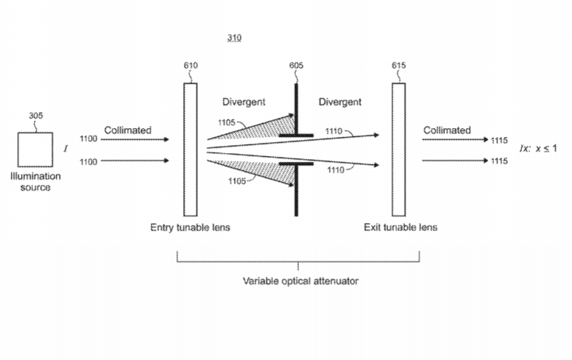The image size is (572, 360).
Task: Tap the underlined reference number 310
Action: pyautogui.click(x=234, y=38)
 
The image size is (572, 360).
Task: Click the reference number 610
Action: pyautogui.click(x=191, y=66)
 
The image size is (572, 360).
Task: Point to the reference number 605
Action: pyautogui.click(x=296, y=66)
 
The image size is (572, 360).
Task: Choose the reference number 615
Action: pyautogui.click(x=398, y=66)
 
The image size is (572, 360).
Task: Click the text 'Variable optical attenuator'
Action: pyautogui.click(x=300, y=280)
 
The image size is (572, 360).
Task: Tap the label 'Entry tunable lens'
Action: pyautogui.click(x=190, y=227)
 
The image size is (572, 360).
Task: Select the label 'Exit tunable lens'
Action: pyautogui.click(x=400, y=227)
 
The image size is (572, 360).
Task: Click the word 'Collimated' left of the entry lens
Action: pyautogui.click(x=127, y=130)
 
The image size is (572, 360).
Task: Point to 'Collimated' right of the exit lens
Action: pyautogui.click(x=447, y=130)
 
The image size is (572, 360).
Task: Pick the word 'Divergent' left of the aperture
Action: pyautogui.click(x=244, y=102)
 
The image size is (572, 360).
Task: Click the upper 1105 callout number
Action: pyautogui.click(x=226, y=122)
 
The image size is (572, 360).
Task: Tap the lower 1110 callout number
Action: pyautogui.click(x=335, y=169)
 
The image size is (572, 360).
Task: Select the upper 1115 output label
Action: pyautogui.click(x=499, y=141)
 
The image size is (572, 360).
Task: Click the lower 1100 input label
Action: pyautogui.click(x=88, y=161)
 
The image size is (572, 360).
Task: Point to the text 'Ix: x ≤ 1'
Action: pyautogui.click(x=538, y=149)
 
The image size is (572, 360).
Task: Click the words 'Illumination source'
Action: pyautogui.click(x=35, y=182)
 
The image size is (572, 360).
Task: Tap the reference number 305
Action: pyautogui.click(x=36, y=116)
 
